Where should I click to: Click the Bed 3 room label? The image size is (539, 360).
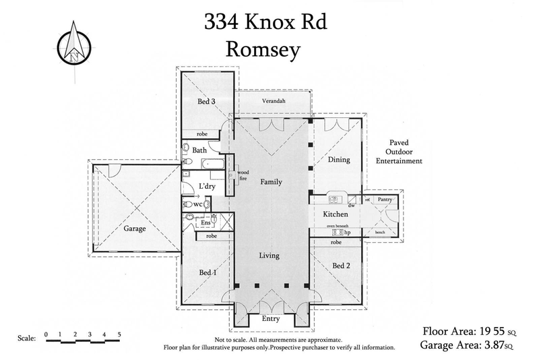tap(206, 102)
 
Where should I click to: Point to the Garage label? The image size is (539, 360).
tap(134, 229)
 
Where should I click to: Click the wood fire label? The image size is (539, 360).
tap(243, 176)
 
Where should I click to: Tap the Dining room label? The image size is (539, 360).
tap(339, 160)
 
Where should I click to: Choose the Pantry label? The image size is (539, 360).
tap(385, 200)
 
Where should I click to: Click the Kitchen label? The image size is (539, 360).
tap(334, 214)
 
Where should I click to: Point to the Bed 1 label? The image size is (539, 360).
tap(208, 272)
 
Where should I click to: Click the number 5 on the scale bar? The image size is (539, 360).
tap(119, 334)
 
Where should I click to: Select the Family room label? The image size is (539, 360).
tap(271, 182)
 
